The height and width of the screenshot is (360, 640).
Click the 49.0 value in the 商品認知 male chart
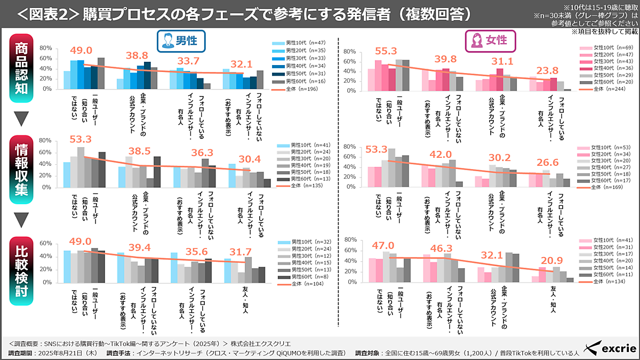[x=81, y=50]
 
